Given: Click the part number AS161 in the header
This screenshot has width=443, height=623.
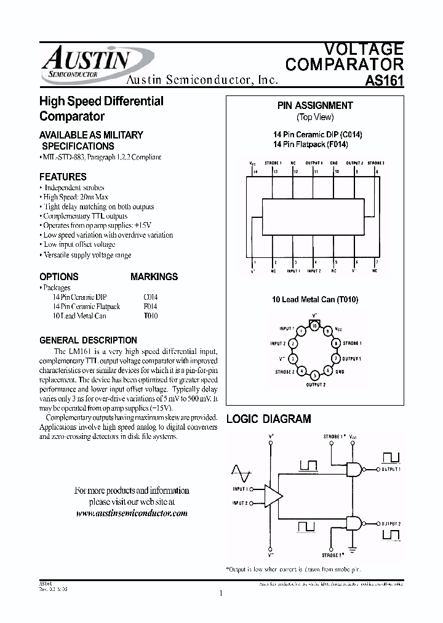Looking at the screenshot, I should coord(385,81).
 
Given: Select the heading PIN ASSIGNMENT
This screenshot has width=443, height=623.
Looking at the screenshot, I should coord(315,105).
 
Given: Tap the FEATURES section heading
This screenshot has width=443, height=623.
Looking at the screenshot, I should coord(63,176).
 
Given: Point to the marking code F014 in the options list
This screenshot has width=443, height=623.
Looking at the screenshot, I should coord(150,306).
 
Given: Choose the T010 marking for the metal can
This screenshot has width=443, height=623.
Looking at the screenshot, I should coord(150,316).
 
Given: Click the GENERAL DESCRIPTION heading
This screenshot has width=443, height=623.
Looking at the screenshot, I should coord(88,340).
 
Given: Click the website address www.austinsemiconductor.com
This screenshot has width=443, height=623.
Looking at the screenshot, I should coord(132,513).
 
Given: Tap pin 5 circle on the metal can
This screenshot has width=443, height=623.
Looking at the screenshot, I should coord(315,375).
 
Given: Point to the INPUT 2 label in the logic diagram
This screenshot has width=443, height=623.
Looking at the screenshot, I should coord(240,503).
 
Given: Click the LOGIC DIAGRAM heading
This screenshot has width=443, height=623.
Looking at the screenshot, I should coord(269,419).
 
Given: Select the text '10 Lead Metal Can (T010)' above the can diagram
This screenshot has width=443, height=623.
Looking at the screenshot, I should coord(315,299).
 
